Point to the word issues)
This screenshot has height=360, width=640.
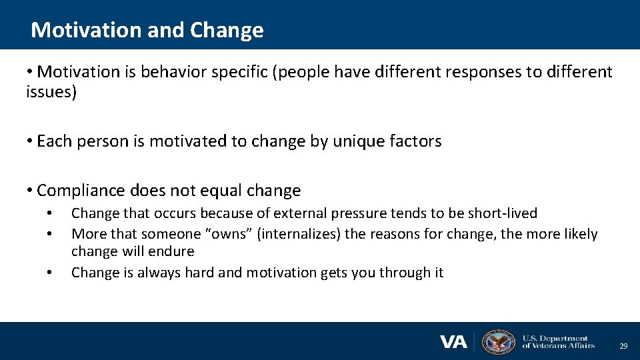point(51,92)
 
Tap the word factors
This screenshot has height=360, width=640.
point(415,141)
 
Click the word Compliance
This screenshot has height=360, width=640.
point(82,191)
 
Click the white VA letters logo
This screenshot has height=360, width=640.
point(453,342)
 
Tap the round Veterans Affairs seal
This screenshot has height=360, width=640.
point(498,342)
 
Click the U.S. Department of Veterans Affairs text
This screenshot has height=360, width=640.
point(558,342)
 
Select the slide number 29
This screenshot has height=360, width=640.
point(623,346)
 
